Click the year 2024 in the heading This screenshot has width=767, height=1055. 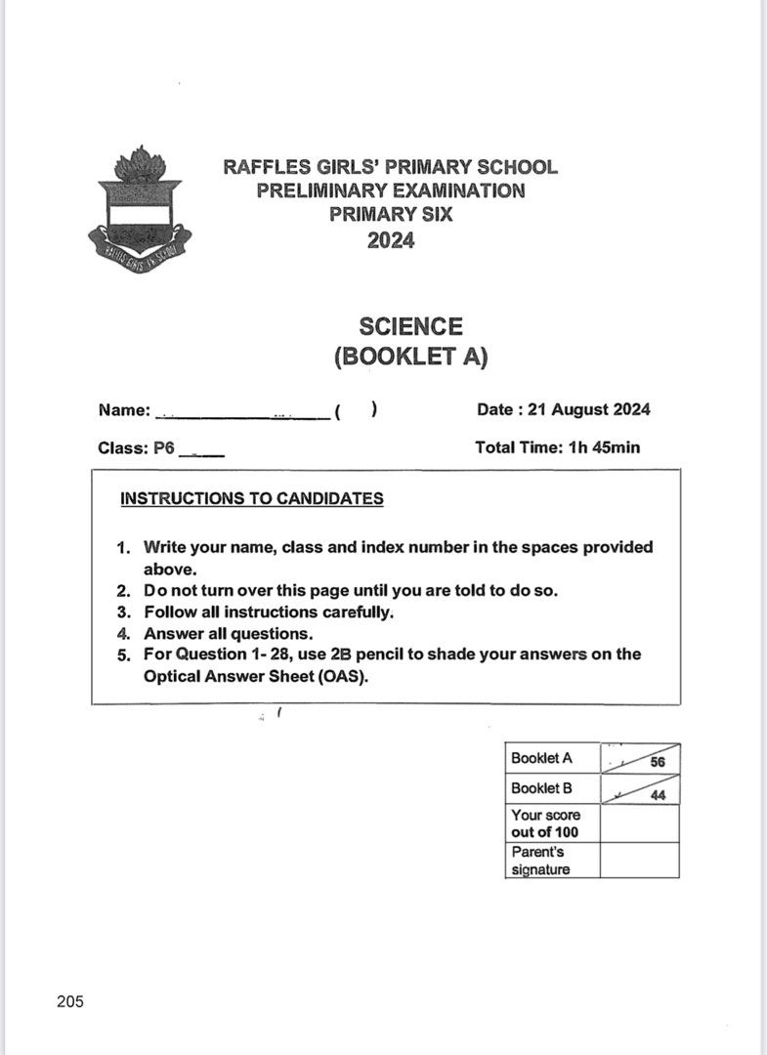pos(391,240)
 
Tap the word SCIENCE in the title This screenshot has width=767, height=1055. pos(410,326)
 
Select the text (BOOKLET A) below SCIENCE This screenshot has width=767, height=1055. pos(410,357)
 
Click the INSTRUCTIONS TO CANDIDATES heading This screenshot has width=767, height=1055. pos(251,498)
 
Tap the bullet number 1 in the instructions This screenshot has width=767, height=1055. pos(123,548)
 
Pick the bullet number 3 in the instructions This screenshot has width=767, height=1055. pos(123,612)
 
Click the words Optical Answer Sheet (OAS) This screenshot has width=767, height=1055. pos(256,676)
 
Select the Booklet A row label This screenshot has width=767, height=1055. pos(541,757)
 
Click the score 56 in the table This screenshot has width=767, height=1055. pos(657,763)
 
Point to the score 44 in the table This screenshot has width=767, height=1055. pos(658,795)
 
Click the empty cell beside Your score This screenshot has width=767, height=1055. pos(639,823)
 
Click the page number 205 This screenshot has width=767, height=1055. pos(70,1001)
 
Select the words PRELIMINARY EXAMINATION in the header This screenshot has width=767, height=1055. pos(391,190)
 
